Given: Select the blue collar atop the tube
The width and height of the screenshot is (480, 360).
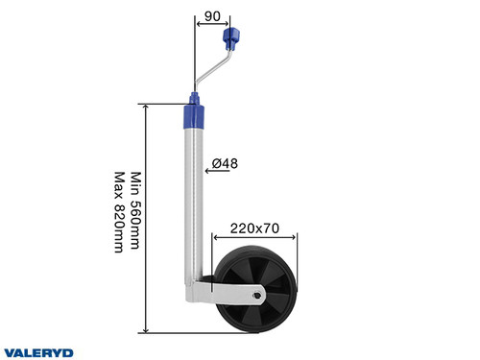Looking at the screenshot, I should [195, 114].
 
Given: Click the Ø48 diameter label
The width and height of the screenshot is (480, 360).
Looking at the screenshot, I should [225, 164].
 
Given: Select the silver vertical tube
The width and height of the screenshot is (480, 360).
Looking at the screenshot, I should [195, 202].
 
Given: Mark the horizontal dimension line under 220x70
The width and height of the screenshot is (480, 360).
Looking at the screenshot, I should [253, 239].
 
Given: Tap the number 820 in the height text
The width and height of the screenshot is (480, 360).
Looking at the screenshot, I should [119, 218].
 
